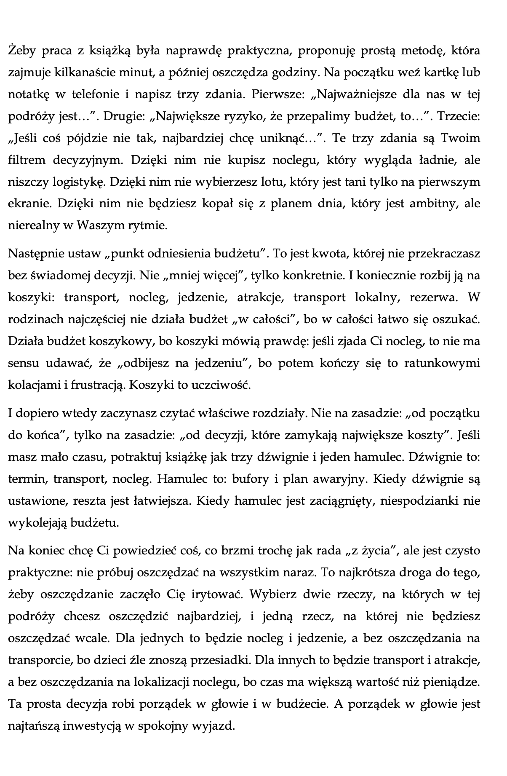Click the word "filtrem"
(x=26, y=161)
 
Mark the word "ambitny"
(x=428, y=204)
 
